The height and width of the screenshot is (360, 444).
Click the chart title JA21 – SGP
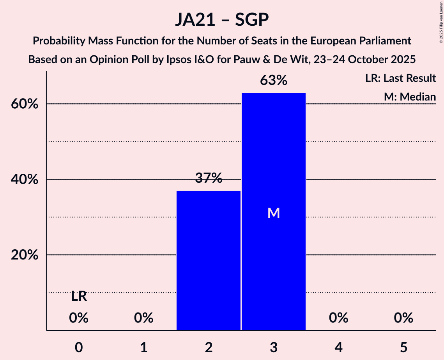222,20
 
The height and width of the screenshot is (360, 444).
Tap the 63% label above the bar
274,81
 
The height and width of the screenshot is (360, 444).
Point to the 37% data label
209,178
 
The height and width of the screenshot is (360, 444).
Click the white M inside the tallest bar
274,213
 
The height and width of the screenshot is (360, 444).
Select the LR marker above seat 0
79,297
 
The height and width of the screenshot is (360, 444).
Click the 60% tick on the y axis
27,104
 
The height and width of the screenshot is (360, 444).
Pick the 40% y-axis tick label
27,180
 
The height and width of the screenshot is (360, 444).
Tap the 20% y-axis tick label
27,255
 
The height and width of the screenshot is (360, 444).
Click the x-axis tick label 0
79,347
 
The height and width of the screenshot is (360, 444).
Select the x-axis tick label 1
143,347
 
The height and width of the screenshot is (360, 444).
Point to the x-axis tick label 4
338,347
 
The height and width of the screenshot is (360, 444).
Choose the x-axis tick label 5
403,347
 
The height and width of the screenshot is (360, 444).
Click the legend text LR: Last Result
400,78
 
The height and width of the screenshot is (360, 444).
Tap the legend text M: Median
410,97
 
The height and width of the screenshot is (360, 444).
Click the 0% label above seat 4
338,318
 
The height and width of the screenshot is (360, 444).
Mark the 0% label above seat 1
143,318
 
